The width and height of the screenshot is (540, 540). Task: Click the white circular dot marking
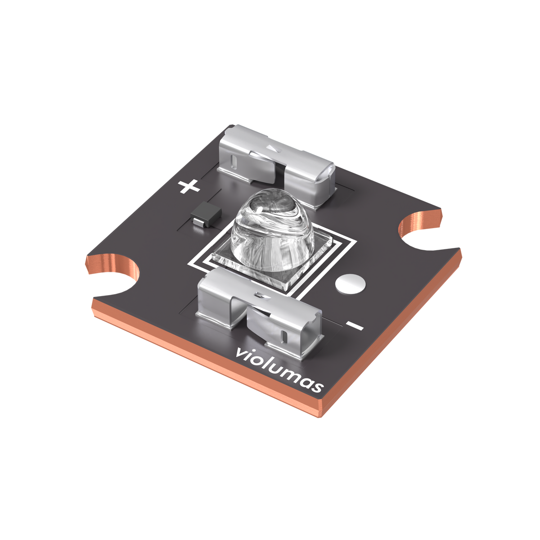pos(350,283)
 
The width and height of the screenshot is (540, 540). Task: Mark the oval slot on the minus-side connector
pos(283,335)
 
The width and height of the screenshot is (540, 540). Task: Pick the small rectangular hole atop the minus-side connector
pos(258,295)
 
